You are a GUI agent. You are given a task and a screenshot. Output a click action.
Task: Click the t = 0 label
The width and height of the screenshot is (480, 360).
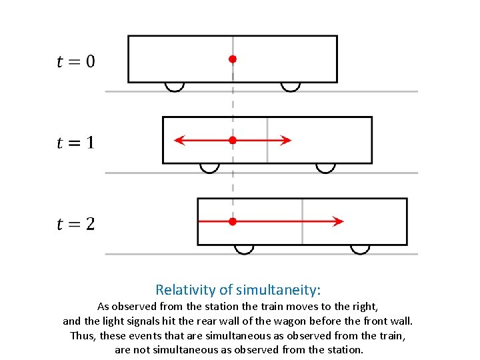pyautogui.click(x=75, y=61)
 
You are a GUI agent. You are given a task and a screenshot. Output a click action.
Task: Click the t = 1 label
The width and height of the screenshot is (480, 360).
pyautogui.click(x=75, y=142)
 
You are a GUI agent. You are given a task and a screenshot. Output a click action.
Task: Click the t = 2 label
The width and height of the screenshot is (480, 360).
pyautogui.click(x=75, y=223)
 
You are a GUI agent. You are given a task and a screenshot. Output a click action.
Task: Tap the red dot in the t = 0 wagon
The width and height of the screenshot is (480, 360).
pyautogui.click(x=233, y=59)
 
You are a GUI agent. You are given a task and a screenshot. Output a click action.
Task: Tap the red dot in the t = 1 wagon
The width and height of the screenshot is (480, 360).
pyautogui.click(x=233, y=140)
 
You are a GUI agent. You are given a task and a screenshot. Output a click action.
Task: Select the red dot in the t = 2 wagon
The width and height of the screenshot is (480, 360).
pyautogui.click(x=233, y=221)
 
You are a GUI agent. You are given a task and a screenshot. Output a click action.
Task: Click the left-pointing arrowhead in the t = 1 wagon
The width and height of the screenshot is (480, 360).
pyautogui.click(x=179, y=140)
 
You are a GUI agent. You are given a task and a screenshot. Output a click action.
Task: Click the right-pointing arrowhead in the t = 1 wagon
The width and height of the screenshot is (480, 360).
pyautogui.click(x=286, y=140)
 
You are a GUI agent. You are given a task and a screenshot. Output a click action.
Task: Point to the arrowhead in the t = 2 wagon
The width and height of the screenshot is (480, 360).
pyautogui.click(x=339, y=221)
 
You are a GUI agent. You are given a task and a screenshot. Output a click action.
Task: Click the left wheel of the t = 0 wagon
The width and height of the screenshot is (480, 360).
pyautogui.click(x=175, y=86)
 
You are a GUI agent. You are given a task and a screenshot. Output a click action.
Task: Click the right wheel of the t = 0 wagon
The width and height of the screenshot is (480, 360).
pyautogui.click(x=290, y=86)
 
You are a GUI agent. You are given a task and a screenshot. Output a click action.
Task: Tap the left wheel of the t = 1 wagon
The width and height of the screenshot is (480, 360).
pyautogui.click(x=209, y=167)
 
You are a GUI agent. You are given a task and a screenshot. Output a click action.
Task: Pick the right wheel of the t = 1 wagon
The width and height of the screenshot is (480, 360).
pyautogui.click(x=325, y=167)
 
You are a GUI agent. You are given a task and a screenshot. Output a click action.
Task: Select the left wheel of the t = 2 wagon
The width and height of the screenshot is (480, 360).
pyautogui.click(x=244, y=249)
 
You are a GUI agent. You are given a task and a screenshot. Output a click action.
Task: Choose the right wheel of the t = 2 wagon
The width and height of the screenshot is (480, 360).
pyautogui.click(x=360, y=249)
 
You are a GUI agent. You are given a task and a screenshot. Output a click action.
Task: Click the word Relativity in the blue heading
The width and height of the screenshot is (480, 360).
pyautogui.click(x=186, y=290)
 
